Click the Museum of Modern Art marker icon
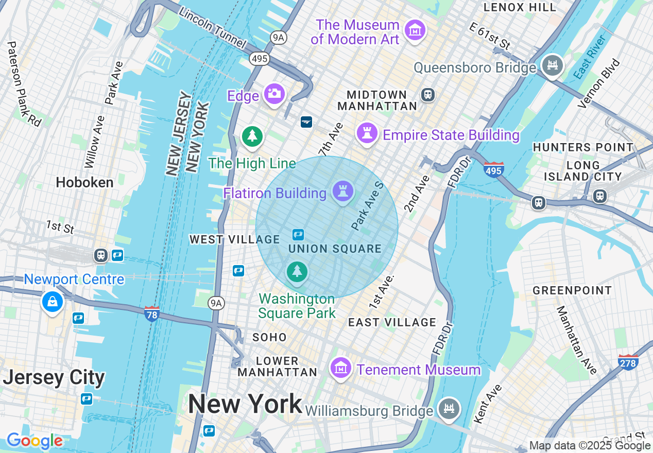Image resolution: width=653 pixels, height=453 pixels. pyautogui.click(x=415, y=30)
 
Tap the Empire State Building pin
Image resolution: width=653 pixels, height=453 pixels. pyautogui.click(x=367, y=133)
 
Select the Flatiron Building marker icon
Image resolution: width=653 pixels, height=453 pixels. pyautogui.click(x=343, y=191)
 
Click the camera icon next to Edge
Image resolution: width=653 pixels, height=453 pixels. pyautogui.click(x=274, y=93)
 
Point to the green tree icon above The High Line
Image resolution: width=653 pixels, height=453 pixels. pyautogui.click(x=252, y=136)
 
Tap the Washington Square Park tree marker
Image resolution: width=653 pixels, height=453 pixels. pyautogui.click(x=297, y=271)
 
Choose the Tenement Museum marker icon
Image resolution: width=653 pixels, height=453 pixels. pyautogui.click(x=340, y=368)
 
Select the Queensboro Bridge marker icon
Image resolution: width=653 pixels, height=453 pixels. pyautogui.click(x=553, y=65)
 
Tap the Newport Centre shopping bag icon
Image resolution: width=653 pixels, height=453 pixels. pyautogui.click(x=53, y=302)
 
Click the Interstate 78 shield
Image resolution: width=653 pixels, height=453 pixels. pyautogui.click(x=151, y=313)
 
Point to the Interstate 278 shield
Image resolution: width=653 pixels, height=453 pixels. pyautogui.click(x=628, y=362)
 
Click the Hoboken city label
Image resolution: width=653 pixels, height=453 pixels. pyautogui.click(x=84, y=183)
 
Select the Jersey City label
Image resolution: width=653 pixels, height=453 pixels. pyautogui.click(x=54, y=378)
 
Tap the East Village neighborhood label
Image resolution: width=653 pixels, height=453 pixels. pyautogui.click(x=392, y=322)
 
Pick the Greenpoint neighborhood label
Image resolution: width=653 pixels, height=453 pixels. pyautogui.click(x=572, y=291)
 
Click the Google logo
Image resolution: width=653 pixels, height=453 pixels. pyautogui.click(x=35, y=441)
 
